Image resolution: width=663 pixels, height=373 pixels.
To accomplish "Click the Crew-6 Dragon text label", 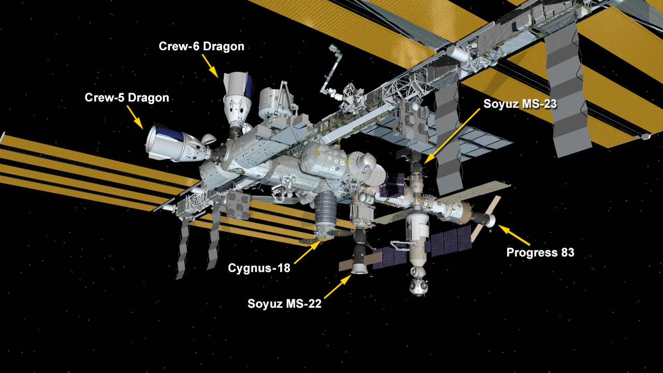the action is coord(201,47).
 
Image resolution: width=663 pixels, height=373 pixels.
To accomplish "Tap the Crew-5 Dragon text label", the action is coord(127,98).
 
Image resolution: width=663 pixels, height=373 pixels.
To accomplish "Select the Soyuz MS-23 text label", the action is coord(520,104).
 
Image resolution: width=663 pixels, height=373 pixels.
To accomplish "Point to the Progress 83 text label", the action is coord(540,252).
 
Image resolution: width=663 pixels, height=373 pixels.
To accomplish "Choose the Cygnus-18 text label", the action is coord(259,268).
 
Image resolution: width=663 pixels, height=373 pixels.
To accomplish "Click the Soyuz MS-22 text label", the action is coord(284,304).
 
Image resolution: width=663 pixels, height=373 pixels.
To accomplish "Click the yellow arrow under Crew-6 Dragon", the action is coord(210,66).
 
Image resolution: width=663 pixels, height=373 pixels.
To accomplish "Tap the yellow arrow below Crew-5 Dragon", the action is coord(135,118).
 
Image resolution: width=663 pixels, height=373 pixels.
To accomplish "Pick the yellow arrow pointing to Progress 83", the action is coord(514,235).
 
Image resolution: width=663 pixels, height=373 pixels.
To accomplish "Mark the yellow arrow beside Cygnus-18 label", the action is coord(308,252).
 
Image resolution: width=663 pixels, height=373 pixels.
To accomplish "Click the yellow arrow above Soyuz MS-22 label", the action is coord(338,286).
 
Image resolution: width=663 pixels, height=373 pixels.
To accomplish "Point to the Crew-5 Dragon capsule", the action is coord(178,144).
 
